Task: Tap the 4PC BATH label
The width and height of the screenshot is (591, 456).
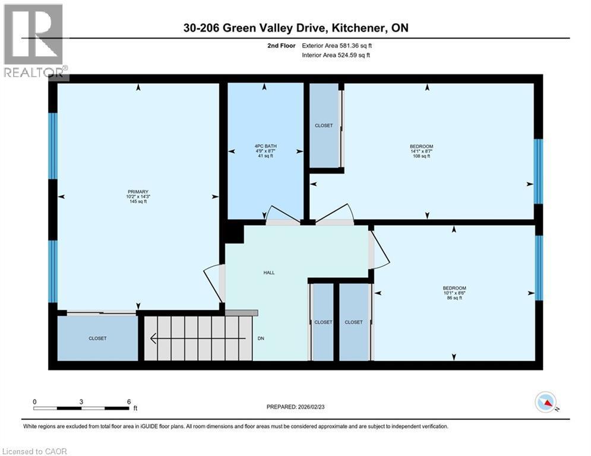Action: click(266, 146)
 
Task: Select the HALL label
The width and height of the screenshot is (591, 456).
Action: click(269, 273)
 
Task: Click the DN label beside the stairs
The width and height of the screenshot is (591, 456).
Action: click(261, 338)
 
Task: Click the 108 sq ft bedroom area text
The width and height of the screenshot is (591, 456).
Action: click(421, 157)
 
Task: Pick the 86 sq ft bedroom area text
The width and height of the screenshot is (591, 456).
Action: click(454, 298)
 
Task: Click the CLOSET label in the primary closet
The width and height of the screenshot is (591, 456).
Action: click(97, 338)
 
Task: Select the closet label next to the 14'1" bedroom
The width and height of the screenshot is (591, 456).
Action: click(324, 126)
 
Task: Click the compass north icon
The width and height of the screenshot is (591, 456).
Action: click(546, 402)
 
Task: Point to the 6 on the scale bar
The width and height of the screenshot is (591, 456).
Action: click(129, 401)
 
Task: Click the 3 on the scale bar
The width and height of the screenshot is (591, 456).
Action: click(81, 401)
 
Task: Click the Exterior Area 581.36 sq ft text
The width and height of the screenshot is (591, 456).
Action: click(337, 45)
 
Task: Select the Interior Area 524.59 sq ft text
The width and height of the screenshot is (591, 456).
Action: click(337, 55)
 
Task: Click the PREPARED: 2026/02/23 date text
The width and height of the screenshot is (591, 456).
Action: click(297, 407)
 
